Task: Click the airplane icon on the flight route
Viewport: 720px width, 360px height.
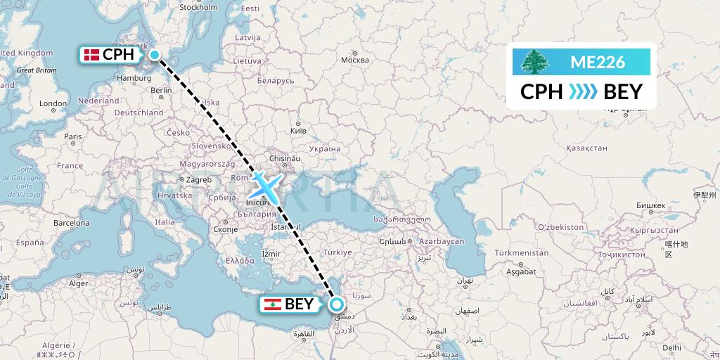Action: coord(265,185)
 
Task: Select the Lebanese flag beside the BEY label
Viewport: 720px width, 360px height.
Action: coord(273,304)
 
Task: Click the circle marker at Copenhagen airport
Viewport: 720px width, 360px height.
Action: coord(154,54)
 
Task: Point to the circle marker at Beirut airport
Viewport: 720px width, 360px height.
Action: coord(337,304)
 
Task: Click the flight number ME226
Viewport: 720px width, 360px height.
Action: coord(597,62)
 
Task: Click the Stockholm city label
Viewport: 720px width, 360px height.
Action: coord(198,8)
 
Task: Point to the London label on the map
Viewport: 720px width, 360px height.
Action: coord(53,103)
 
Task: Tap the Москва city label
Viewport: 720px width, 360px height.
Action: coord(354,60)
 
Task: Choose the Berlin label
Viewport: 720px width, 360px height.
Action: coord(161,90)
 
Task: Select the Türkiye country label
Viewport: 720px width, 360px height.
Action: coord(337,252)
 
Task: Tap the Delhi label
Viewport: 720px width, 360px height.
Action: coord(671,347)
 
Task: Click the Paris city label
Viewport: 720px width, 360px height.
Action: coord(72,136)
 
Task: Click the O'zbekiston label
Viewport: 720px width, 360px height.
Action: coord(560,227)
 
